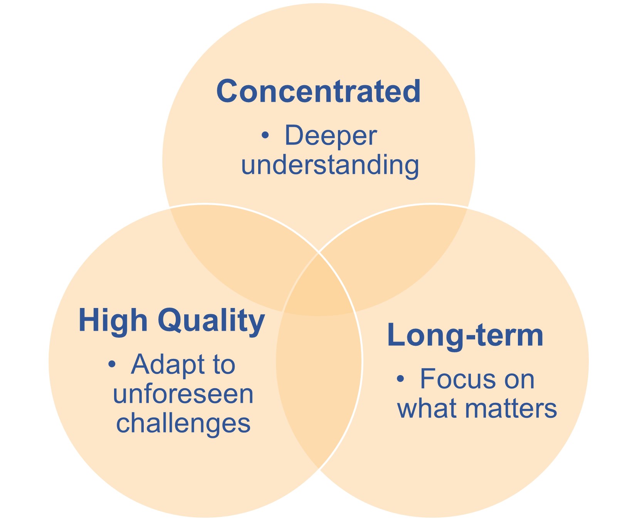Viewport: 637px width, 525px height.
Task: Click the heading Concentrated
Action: point(318,91)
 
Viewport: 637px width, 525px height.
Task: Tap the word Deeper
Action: point(331,136)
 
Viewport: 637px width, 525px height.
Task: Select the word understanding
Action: point(330,165)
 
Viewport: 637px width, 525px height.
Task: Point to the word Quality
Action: point(212,321)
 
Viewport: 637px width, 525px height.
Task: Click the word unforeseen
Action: point(183,394)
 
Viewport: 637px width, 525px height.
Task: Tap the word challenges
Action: point(183,423)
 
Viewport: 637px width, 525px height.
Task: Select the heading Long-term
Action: point(465,335)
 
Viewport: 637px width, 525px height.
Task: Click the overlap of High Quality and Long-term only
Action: point(319,385)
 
